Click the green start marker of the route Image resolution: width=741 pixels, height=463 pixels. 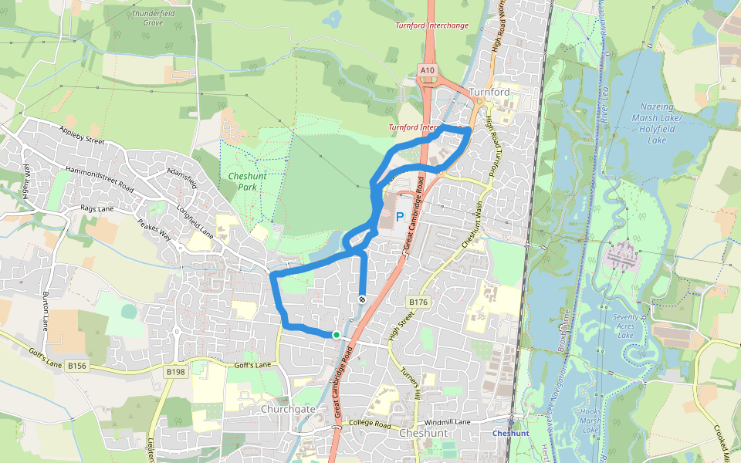[x=337, y=334]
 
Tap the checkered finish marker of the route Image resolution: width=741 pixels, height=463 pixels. [x=361, y=299]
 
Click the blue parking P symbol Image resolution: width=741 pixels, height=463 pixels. [x=400, y=218]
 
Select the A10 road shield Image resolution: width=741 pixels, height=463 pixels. [x=428, y=70]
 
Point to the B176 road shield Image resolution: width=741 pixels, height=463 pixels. [x=418, y=301]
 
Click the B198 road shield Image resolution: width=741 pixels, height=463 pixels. [x=175, y=372]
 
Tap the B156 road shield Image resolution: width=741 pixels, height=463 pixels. [x=77, y=366]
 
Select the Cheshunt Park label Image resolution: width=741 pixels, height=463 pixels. [x=246, y=181]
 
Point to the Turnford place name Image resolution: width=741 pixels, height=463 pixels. [x=489, y=93]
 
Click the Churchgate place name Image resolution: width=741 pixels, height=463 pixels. [x=288, y=409]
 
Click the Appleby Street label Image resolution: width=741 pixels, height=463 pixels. [x=81, y=135]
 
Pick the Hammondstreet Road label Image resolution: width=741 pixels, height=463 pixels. [x=100, y=179]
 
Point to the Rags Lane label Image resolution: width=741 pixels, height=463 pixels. [x=96, y=208]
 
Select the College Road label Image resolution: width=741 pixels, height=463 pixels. [x=371, y=424]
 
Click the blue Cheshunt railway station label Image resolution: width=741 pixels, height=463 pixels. [x=511, y=434]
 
